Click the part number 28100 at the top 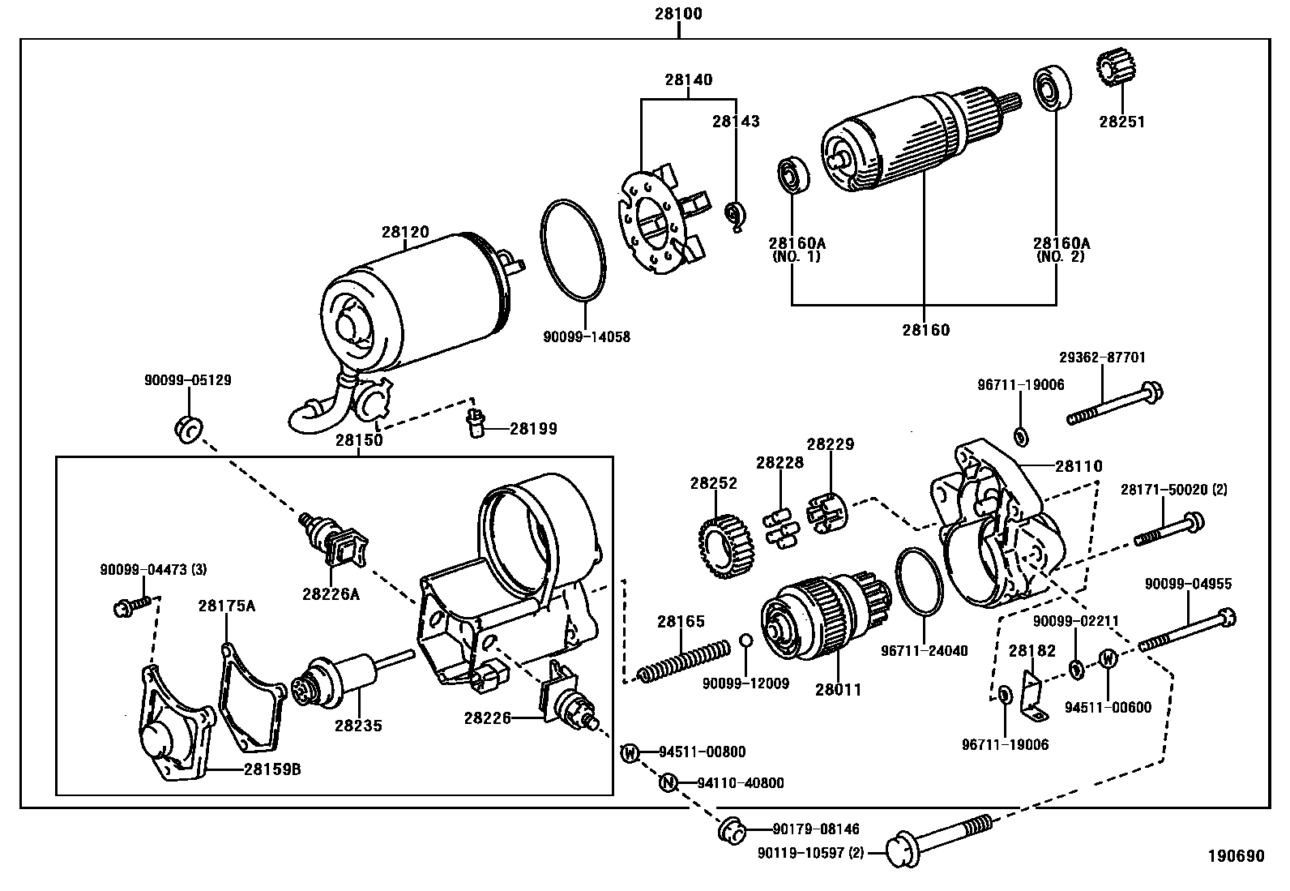tap(678, 13)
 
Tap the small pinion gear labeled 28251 tap(1116, 67)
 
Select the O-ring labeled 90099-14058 tap(574, 250)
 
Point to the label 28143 tap(736, 121)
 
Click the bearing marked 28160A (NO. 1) tap(793, 174)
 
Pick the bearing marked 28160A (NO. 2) tap(1053, 88)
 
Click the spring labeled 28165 tap(684, 661)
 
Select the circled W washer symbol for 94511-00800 tap(630, 752)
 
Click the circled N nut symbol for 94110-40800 tap(668, 782)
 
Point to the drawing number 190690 tap(1236, 856)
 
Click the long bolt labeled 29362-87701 tap(1115, 403)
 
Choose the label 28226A tap(331, 594)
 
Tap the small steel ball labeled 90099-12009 tap(745, 640)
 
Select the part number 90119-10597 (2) tap(811, 853)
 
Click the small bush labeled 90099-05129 tap(189, 429)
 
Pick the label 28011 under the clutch tap(838, 689)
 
